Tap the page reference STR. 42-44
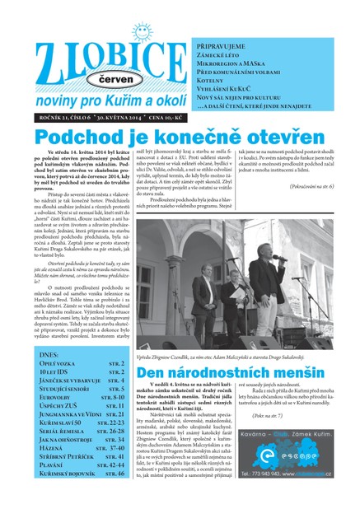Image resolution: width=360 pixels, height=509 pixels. (x=110, y=465)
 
